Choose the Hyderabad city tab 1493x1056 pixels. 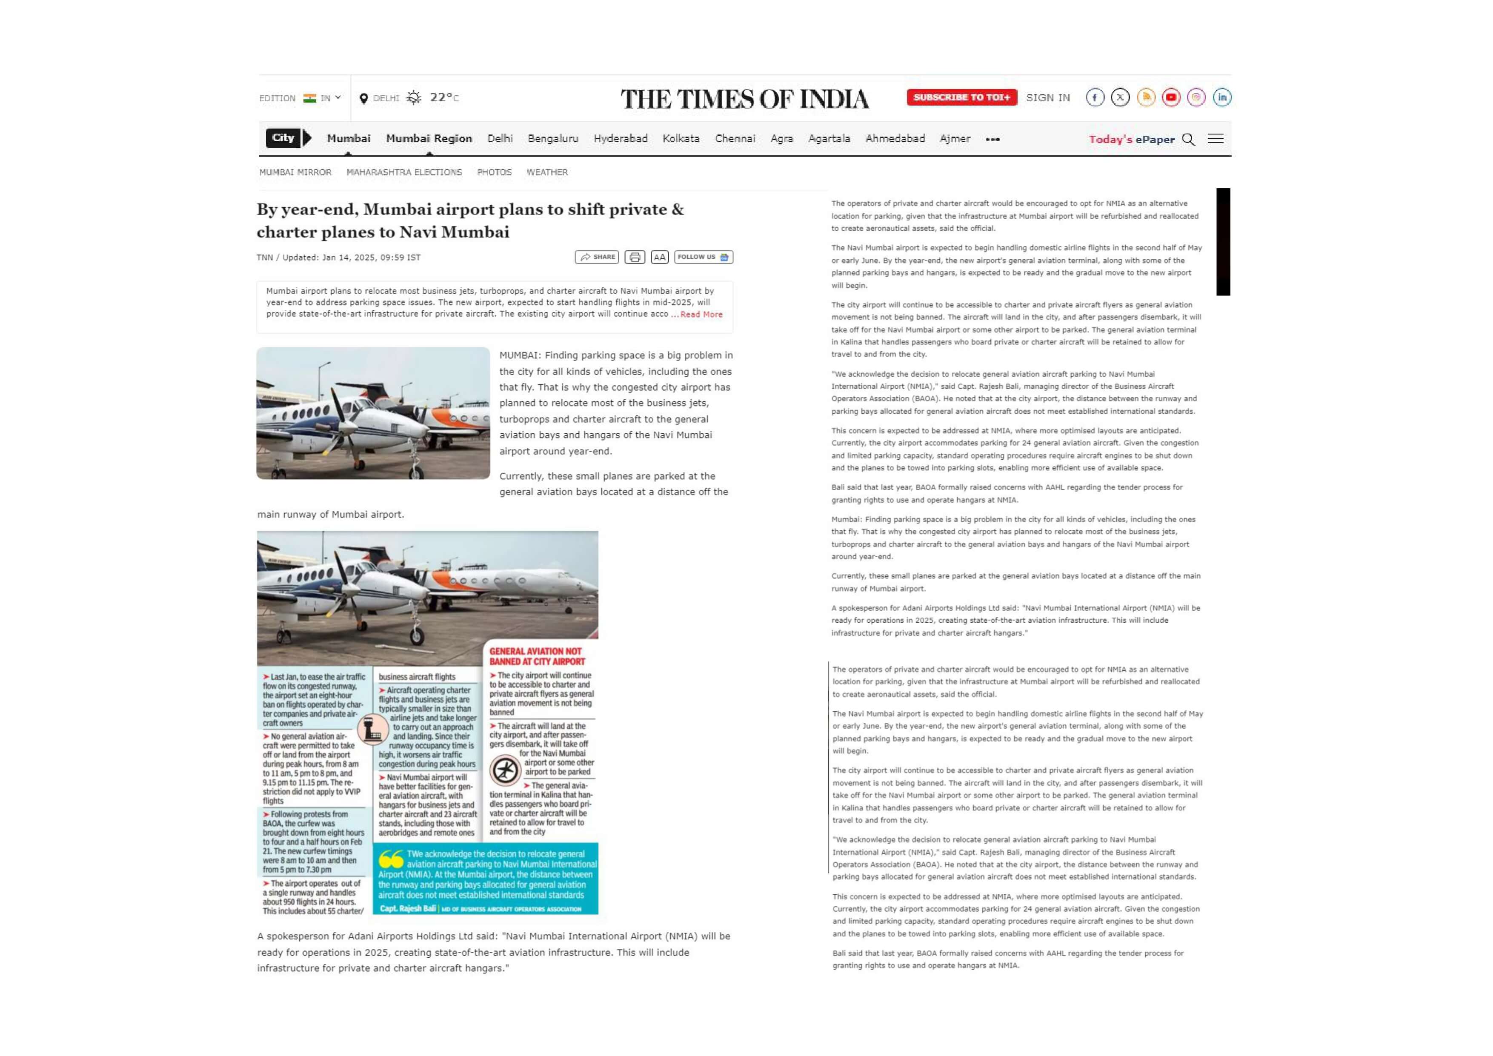[x=621, y=138]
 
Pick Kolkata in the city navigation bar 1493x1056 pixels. [x=681, y=138]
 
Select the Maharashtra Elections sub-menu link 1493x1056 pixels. [x=404, y=172]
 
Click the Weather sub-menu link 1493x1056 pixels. [x=547, y=172]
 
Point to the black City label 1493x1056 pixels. [x=283, y=138]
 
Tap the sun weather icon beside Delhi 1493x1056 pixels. [x=414, y=97]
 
